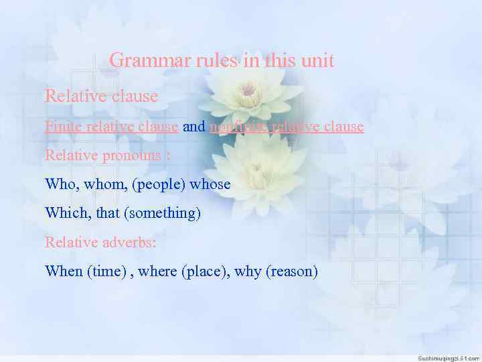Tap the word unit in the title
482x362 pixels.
(x=317, y=61)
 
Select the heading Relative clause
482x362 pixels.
(x=101, y=97)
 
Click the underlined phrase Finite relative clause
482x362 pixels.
(x=111, y=126)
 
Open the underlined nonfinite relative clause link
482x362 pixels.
(x=287, y=126)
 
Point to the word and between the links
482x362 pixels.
(x=193, y=126)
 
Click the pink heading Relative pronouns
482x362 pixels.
(x=107, y=155)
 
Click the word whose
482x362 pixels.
(x=210, y=184)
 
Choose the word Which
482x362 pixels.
(x=64, y=213)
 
